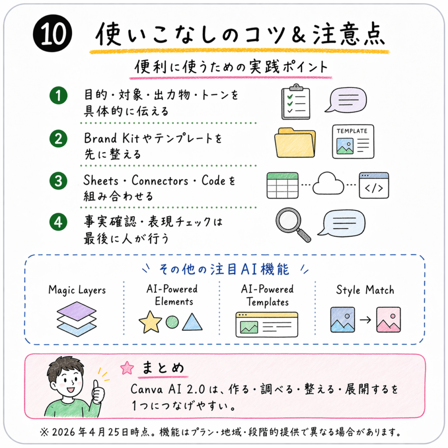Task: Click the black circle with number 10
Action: pos(52,33)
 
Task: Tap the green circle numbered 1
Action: pos(59,95)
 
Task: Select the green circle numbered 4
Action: pos(59,222)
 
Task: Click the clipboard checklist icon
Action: pos(296,101)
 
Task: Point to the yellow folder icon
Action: pos(295,143)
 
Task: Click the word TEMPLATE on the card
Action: pos(352,131)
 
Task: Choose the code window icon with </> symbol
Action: pos(374,185)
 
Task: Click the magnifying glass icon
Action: pos(293,225)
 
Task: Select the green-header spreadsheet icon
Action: pos(283,185)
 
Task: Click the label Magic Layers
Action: pos(77,290)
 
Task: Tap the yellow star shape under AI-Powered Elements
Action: pos(150,322)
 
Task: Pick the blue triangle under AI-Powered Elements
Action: pos(192,322)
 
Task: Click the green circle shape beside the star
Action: pos(172,322)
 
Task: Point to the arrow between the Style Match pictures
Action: pos(365,320)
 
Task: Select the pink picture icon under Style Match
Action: pos(388,320)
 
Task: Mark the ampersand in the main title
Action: pos(298,35)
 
